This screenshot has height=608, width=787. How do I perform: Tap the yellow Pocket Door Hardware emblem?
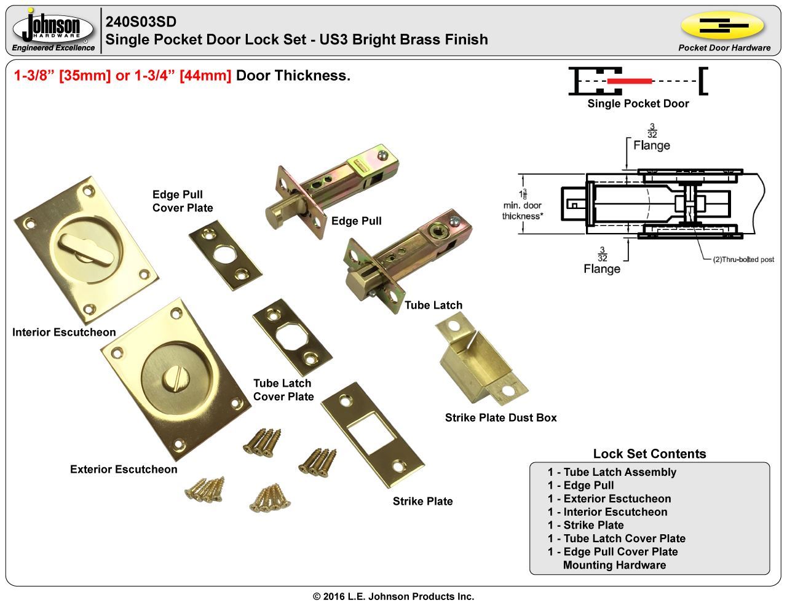tap(723, 26)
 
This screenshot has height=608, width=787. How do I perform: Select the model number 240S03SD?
tap(141, 22)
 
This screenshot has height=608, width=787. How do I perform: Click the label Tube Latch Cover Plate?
tap(283, 390)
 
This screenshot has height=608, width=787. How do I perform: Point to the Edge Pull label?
tap(357, 221)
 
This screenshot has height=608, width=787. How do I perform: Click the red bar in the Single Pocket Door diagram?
tap(629, 81)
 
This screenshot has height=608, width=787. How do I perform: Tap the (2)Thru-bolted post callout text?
tap(743, 259)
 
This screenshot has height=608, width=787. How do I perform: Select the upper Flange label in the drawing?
tap(652, 145)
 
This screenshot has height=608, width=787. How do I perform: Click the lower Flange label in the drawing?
tap(602, 269)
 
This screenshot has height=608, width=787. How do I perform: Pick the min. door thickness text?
tap(523, 211)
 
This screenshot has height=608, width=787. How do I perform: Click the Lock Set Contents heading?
tap(649, 454)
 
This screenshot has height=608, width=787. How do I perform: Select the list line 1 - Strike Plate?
tap(585, 525)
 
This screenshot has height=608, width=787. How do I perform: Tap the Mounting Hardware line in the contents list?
tap(614, 565)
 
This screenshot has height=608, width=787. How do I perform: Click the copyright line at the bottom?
tap(393, 596)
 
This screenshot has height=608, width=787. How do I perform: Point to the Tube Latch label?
tap(433, 305)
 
